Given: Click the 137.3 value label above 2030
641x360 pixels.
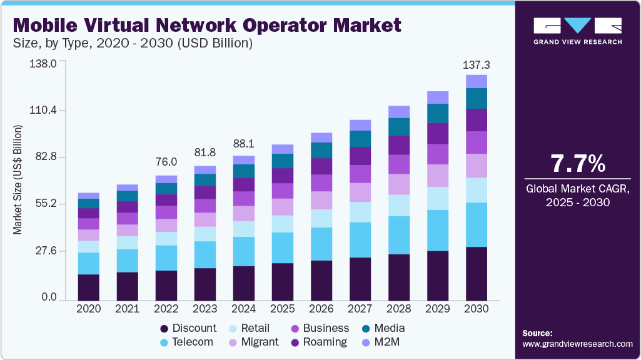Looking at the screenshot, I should (477, 65).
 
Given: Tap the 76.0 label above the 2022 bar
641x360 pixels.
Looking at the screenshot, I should (166, 162).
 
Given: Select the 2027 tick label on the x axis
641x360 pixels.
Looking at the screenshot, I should (360, 309).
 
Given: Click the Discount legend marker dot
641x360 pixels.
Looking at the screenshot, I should (164, 329).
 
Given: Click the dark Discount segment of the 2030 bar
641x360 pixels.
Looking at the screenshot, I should (477, 274).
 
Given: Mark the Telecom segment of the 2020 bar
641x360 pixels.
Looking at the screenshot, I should (89, 263).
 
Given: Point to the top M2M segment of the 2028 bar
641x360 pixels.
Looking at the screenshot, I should (399, 112).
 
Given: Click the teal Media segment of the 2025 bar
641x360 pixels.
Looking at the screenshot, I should (283, 161).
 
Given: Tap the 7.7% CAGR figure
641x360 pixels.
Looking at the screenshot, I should (578, 164).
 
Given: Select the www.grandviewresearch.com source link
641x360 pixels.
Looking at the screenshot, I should (577, 344).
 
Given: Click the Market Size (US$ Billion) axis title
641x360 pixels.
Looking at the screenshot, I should (18, 180).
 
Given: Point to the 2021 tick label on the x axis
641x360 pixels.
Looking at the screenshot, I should (128, 309).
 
